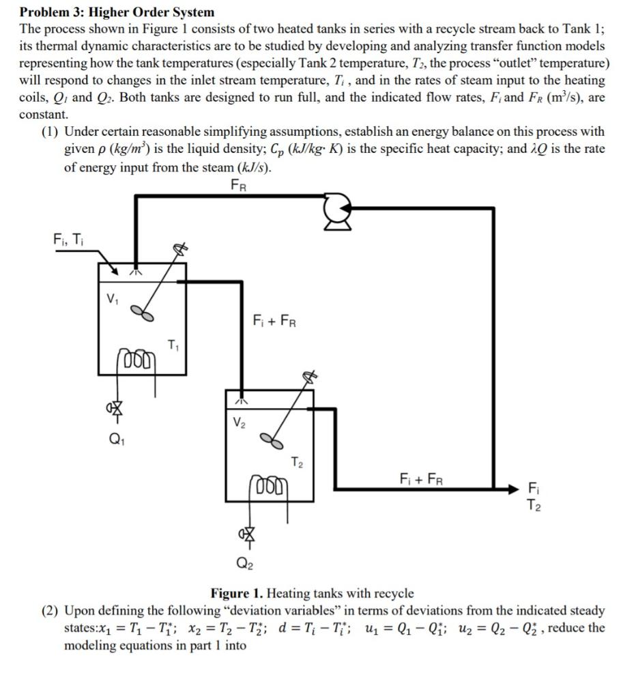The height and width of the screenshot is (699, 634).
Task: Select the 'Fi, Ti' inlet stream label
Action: coord(68,240)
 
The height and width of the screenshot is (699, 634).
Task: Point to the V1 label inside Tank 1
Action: coord(112,299)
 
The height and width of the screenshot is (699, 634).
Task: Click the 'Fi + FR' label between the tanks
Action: coord(274,321)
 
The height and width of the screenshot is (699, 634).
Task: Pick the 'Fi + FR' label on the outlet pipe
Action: coord(422,478)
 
